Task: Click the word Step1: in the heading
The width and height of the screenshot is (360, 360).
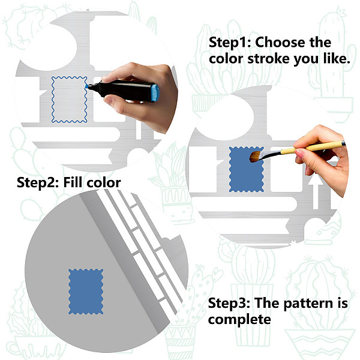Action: point(230,43)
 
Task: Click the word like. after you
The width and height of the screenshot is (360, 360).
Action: point(337,59)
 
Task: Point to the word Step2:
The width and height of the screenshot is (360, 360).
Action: point(38,183)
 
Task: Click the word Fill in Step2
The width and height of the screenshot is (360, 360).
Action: point(73,182)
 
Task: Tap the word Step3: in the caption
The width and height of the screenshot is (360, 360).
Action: point(229,303)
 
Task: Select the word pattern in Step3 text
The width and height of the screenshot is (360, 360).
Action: point(308,304)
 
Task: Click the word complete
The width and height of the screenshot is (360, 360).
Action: point(239,319)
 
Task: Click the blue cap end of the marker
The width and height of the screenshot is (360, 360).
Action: point(155,93)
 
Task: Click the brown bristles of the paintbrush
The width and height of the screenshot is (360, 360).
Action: point(256,156)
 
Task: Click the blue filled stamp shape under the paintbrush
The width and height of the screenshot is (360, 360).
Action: point(246,169)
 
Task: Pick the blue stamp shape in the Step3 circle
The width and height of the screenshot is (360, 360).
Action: point(86,292)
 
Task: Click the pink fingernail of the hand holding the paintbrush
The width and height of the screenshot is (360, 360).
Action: point(299,152)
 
